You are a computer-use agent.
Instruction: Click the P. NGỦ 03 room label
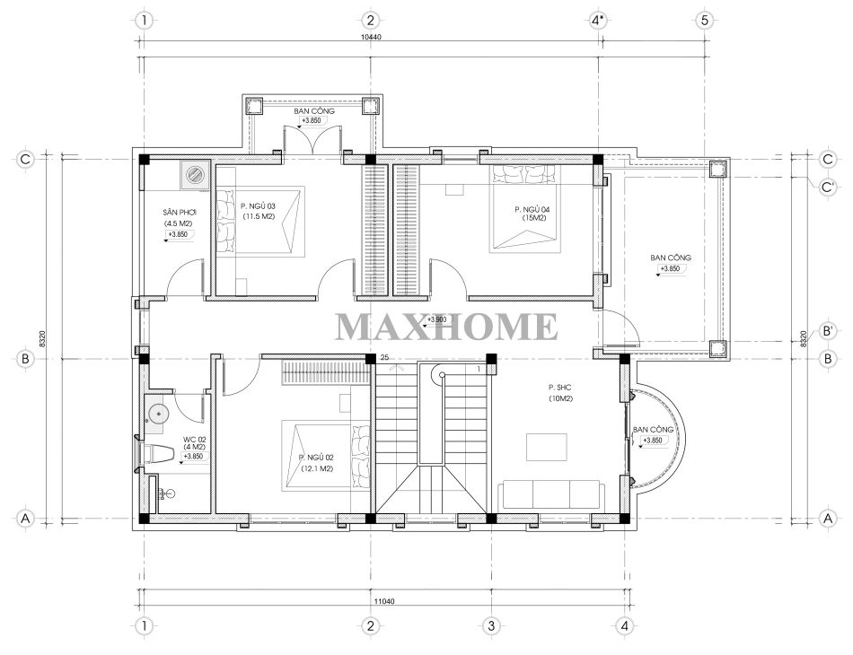[258, 206]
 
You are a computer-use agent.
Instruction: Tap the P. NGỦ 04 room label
[532, 209]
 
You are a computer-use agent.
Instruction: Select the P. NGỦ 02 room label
[316, 458]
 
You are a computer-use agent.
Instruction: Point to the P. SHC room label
[559, 388]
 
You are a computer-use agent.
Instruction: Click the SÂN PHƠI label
[179, 213]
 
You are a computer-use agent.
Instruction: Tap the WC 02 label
[194, 439]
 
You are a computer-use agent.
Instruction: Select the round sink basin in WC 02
[158, 415]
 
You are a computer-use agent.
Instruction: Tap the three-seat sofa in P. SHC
[550, 493]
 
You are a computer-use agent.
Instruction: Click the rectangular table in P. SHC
[546, 447]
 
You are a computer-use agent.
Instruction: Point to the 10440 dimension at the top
[371, 38]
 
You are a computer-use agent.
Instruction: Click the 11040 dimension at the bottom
[384, 601]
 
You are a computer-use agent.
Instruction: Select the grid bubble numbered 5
[705, 21]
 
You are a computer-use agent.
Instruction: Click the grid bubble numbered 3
[490, 625]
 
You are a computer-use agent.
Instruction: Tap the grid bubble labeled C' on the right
[828, 188]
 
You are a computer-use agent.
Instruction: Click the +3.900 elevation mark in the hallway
[436, 319]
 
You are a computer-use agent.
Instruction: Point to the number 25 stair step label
[384, 357]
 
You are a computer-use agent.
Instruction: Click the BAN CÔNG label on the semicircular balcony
[653, 430]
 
